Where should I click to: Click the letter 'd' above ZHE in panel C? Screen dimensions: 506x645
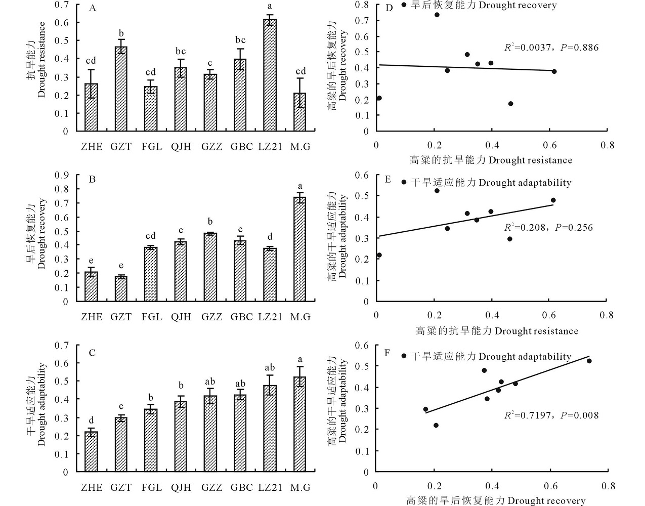(91, 420)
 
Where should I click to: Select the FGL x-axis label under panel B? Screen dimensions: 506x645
(152, 317)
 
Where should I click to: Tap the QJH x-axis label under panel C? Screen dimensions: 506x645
(181, 488)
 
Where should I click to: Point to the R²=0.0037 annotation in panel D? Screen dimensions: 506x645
(551, 48)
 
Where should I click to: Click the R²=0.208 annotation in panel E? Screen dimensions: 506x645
(548, 228)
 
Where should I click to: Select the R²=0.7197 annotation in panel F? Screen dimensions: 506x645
(551, 415)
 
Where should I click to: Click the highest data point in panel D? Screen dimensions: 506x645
(437, 15)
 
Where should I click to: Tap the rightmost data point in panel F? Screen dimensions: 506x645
(589, 361)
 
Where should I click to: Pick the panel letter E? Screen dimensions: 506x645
(388, 179)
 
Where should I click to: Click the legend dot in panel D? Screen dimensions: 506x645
(404, 5)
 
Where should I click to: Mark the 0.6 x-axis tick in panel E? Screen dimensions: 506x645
(549, 315)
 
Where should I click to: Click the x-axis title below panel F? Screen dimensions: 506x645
(496, 501)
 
